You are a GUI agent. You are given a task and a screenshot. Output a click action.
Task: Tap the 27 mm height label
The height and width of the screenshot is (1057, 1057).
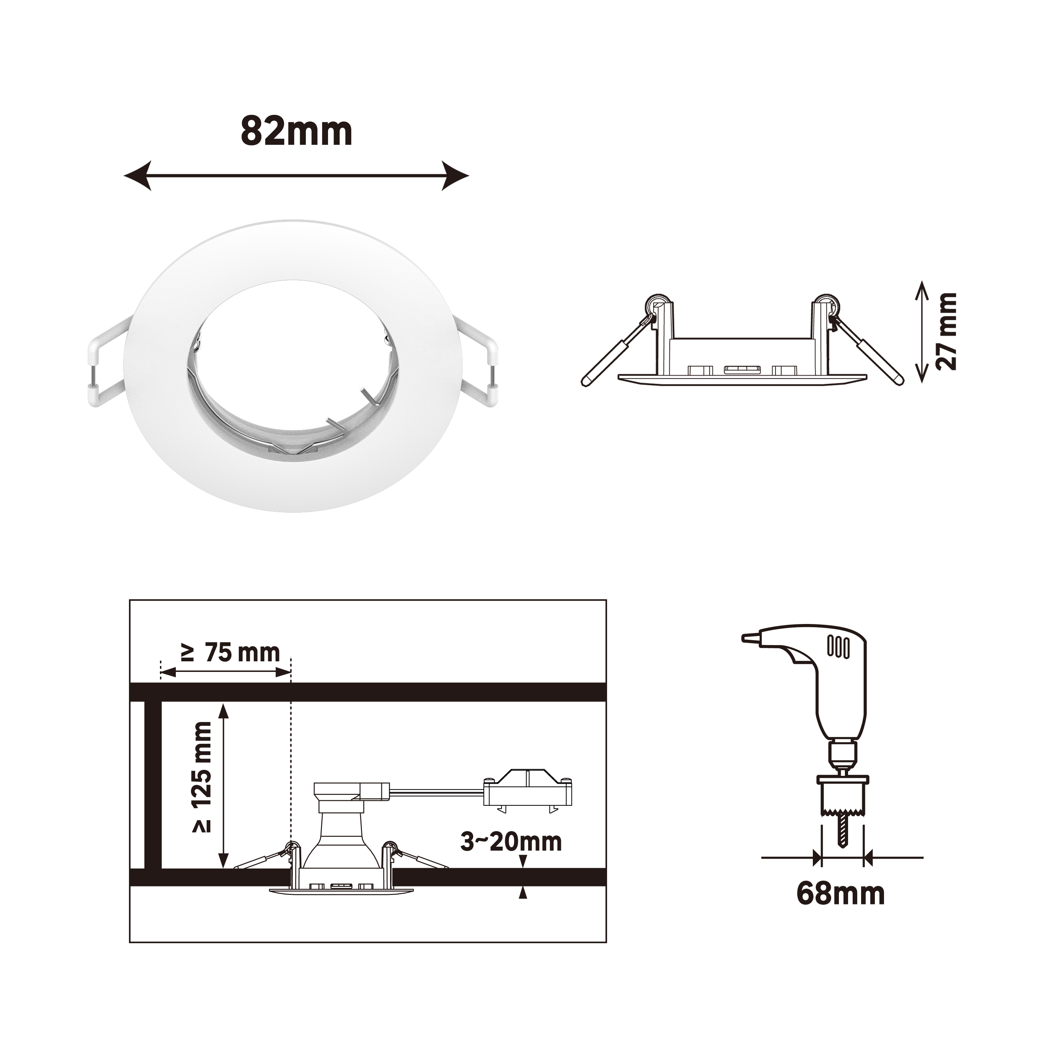946,332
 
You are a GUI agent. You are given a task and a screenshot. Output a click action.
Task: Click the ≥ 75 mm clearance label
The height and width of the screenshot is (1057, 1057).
231,652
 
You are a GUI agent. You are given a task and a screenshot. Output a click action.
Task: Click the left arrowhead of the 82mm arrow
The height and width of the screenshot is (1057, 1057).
138,175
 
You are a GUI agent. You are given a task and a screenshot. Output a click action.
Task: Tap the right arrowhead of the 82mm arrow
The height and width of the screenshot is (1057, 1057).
455,175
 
